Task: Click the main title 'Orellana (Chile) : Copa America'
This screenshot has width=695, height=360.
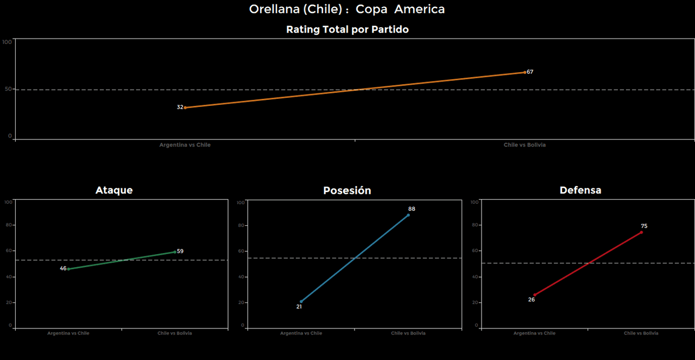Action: tap(347, 9)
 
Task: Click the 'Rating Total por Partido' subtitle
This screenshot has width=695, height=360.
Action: tap(347, 30)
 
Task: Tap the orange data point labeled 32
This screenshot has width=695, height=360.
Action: tap(185, 108)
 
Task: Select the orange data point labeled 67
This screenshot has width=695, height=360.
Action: tap(525, 72)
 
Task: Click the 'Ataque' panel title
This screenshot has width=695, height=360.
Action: tap(114, 190)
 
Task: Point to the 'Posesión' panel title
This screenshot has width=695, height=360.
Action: tap(347, 191)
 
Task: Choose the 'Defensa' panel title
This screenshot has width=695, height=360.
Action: tap(580, 190)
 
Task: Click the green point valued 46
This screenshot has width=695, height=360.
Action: tap(68, 269)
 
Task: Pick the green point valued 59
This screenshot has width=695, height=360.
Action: tap(175, 251)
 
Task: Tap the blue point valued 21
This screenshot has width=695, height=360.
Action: tap(301, 301)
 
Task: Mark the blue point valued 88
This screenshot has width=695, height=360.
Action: tap(408, 215)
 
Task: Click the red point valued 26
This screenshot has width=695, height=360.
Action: tap(534, 295)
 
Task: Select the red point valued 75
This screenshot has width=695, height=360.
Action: tap(641, 232)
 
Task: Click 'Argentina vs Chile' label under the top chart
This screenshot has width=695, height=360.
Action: tap(185, 145)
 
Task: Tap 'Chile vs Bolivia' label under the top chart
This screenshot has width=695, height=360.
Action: tap(525, 145)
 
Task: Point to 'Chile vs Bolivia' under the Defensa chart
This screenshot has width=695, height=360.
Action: tap(641, 333)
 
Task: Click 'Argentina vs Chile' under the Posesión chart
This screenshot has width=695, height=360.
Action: tap(301, 333)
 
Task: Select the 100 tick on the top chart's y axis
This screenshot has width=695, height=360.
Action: tap(7, 42)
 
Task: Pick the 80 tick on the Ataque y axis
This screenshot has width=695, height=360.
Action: tap(8, 225)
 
